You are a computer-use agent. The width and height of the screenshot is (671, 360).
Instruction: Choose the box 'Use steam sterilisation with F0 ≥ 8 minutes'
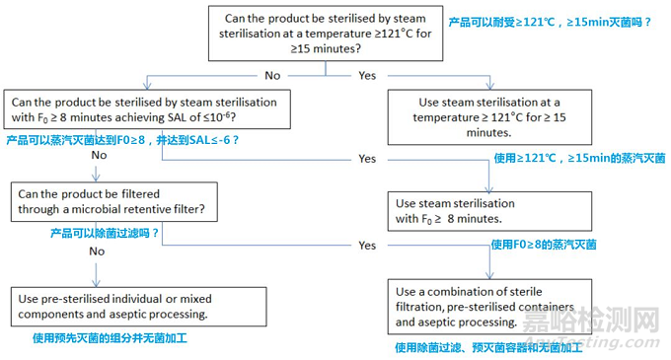click(x=486, y=210)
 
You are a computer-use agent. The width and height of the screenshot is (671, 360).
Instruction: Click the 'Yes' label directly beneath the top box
click(x=366, y=73)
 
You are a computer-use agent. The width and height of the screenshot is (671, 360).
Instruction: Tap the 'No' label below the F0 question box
click(x=99, y=156)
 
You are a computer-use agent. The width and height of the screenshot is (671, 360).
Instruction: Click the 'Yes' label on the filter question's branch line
click(x=367, y=245)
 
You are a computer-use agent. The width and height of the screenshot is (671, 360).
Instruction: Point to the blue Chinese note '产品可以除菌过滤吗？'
click(x=105, y=233)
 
